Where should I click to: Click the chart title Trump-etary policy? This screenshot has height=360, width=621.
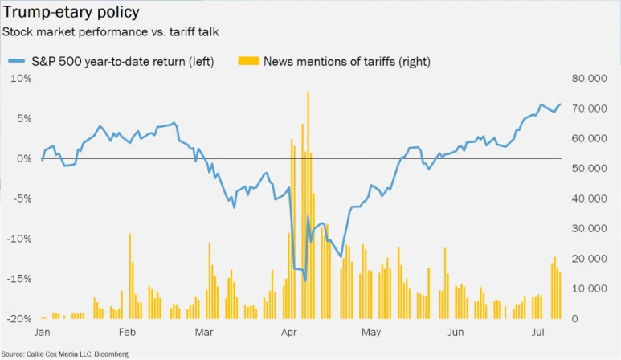[x=71, y=13]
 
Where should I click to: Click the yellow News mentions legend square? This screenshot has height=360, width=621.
[x=247, y=61]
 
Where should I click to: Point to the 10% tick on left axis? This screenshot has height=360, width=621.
[x=20, y=78]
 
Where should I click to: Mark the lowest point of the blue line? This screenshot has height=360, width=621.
[x=305, y=280]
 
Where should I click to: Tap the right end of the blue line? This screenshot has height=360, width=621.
[x=561, y=105]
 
